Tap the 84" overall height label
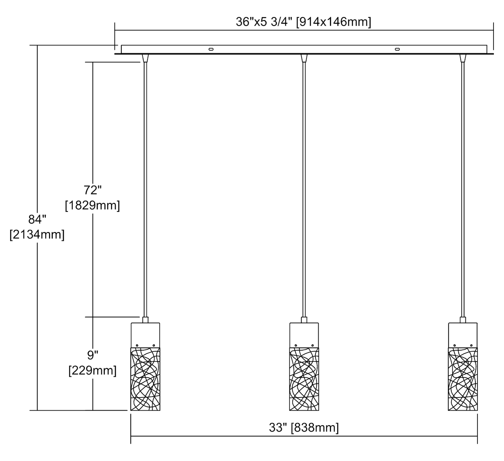point(37,220)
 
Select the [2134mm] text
point(37,235)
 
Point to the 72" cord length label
point(92,190)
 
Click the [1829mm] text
point(92,205)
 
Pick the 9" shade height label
point(92,355)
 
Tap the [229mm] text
point(92,370)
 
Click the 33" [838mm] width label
point(304,428)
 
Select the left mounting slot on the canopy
point(211,49)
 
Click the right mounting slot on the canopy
point(397,49)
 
